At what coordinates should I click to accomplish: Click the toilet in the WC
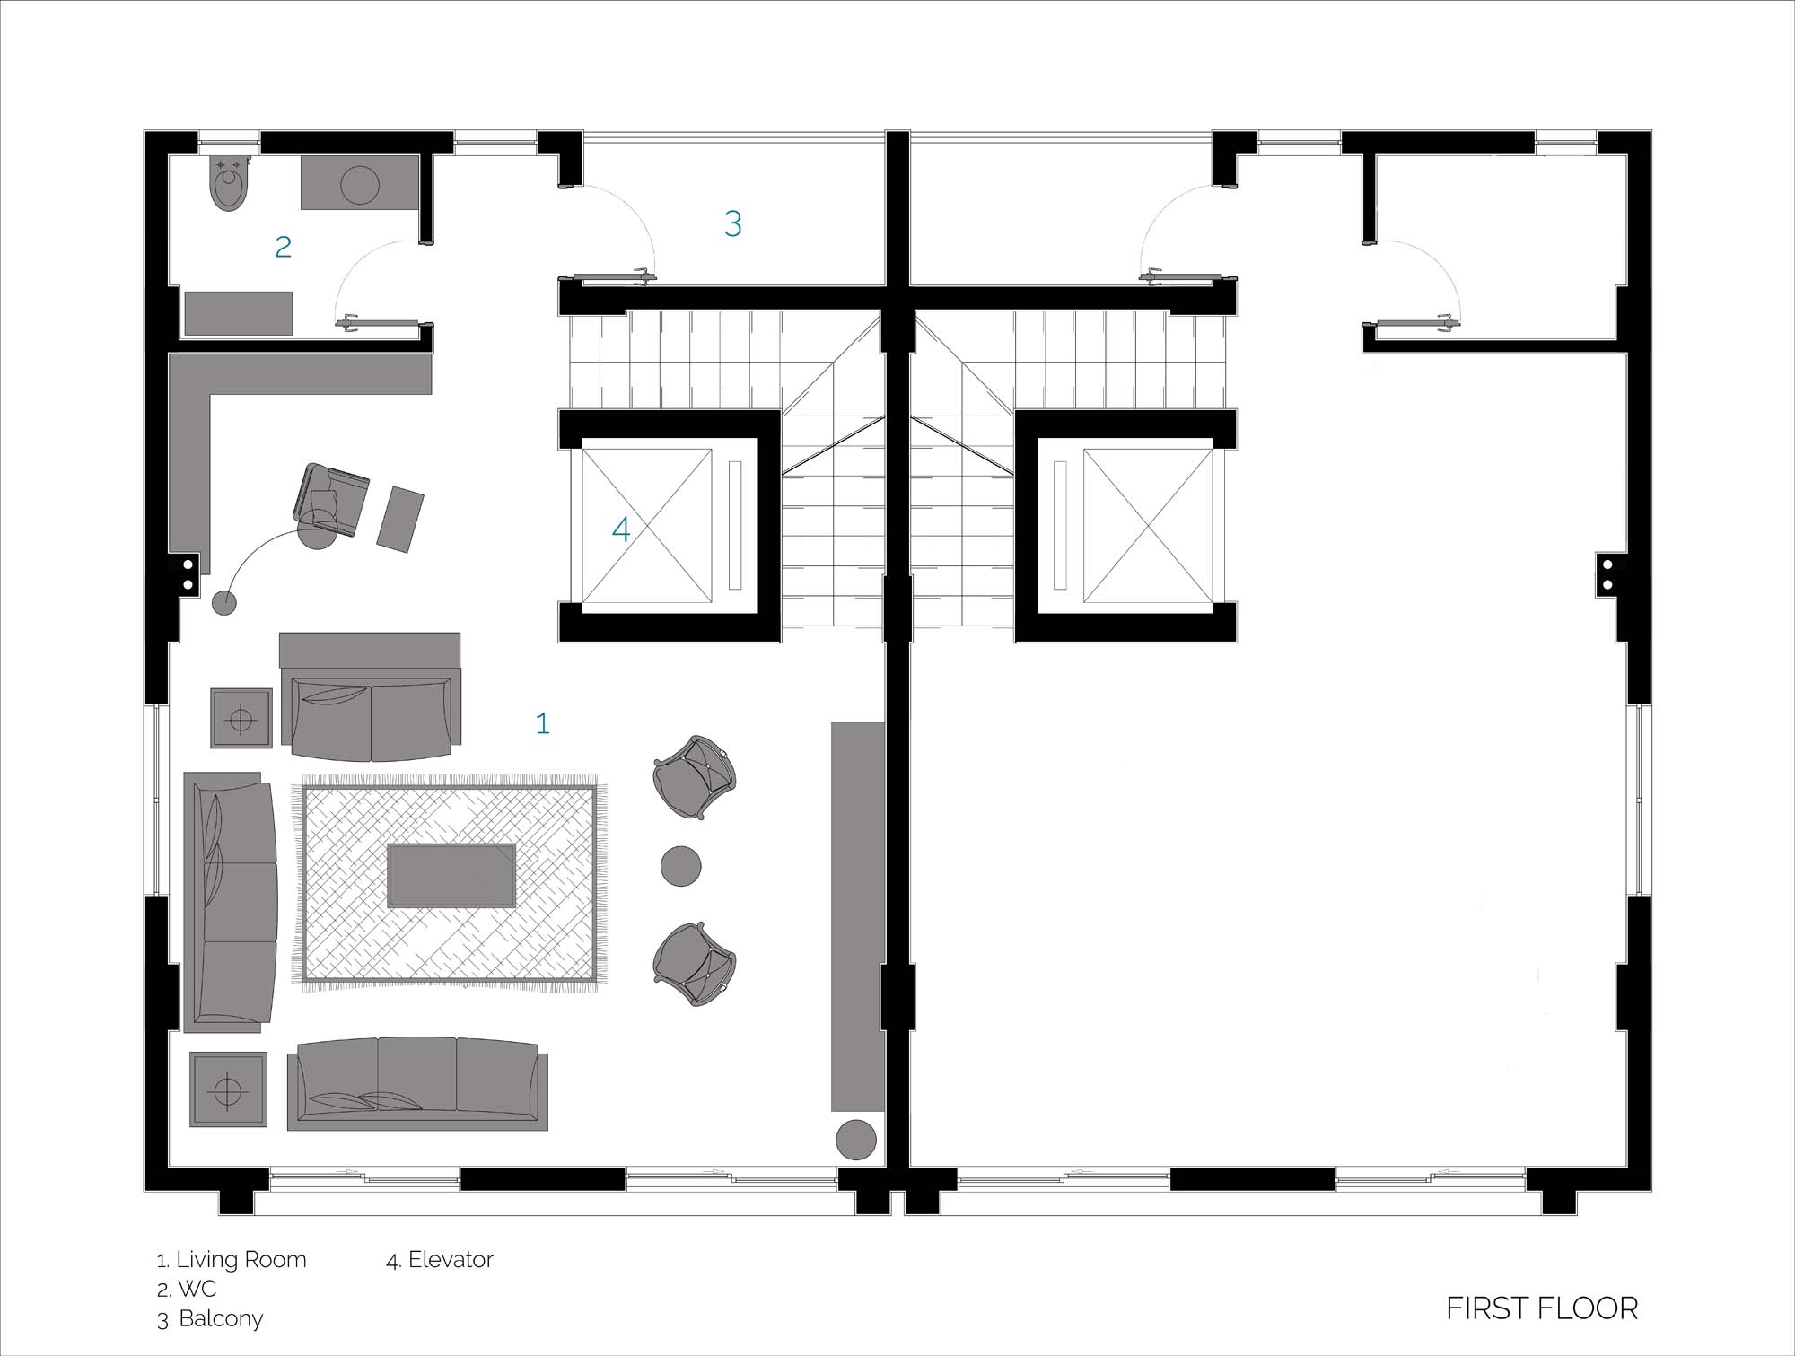(x=229, y=184)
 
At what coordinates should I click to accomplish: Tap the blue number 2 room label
(x=284, y=247)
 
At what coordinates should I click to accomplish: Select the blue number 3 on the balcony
(x=733, y=223)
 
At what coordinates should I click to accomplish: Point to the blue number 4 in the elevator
(x=621, y=529)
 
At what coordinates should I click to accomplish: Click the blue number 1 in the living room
(x=542, y=723)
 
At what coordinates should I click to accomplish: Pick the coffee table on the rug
(x=451, y=875)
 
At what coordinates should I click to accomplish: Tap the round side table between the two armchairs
(x=681, y=866)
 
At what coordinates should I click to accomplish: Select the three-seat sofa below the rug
(x=417, y=1083)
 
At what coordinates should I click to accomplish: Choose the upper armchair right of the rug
(x=695, y=778)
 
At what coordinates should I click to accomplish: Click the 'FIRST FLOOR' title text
(x=1542, y=1308)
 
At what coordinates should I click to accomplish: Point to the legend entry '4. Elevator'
(x=440, y=1260)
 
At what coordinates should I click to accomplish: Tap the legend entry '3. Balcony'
(x=210, y=1319)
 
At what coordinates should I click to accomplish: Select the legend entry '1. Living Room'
(x=232, y=1260)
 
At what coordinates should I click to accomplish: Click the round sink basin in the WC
(x=360, y=185)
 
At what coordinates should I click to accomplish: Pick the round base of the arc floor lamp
(x=224, y=603)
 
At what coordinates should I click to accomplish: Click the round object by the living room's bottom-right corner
(x=856, y=1140)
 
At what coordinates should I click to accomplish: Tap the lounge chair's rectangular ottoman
(x=400, y=520)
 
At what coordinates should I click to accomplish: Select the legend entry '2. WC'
(x=187, y=1290)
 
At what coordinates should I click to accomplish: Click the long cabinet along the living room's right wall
(x=858, y=916)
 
